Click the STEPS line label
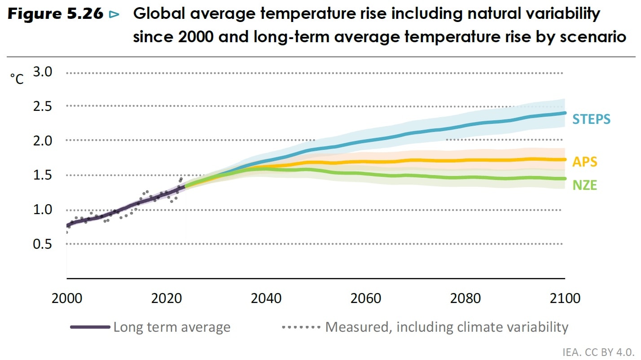coord(591,119)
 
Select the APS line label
coord(584,162)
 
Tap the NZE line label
coord(584,185)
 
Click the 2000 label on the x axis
coord(67,299)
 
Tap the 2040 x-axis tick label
coord(266,299)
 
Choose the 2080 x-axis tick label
coord(465,299)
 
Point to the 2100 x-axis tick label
coord(565,299)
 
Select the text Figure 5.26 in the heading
coord(56,14)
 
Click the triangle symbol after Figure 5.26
coord(114,15)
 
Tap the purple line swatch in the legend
coord(90,327)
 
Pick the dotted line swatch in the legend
coord(301,327)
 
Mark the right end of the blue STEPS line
coord(564,113)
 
